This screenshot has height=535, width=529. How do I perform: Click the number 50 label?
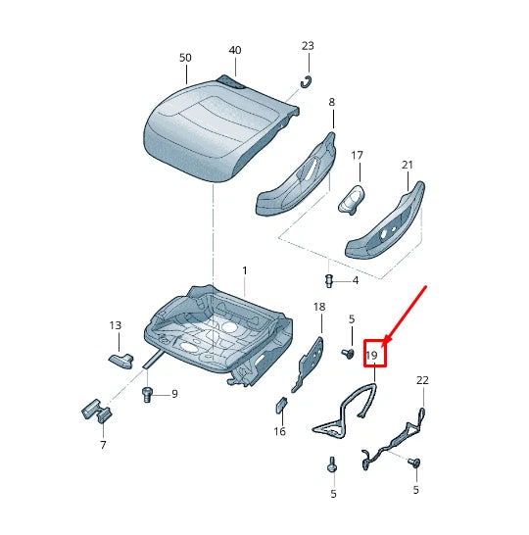point(185,57)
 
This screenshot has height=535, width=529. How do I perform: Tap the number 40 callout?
point(235,50)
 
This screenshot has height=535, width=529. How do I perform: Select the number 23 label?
point(308,46)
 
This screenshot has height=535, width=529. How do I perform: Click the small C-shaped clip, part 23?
point(306,81)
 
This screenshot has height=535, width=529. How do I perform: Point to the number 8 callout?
point(331,102)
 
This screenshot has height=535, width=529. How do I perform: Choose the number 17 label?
point(358,155)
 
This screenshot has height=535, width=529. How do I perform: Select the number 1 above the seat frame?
point(245,270)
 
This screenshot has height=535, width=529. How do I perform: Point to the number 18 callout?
point(318,308)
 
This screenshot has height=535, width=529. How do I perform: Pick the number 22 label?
point(422,380)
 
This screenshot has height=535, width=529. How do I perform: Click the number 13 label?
point(116,325)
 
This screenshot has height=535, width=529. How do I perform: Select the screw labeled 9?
point(148,396)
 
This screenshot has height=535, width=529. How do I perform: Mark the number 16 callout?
point(280,431)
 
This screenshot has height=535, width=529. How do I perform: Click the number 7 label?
point(102,446)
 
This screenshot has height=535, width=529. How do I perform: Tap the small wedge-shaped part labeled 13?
point(121,358)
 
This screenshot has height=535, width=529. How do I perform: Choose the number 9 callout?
point(174,394)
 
